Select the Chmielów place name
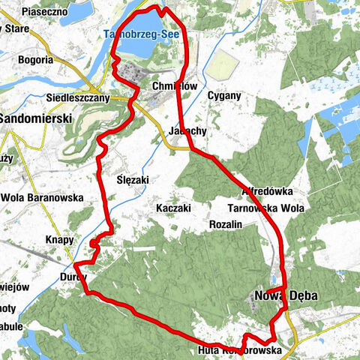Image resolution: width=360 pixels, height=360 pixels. pos(173,86)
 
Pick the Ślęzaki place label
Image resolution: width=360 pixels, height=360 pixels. pos(134,181)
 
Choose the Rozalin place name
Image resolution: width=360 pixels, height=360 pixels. pos(226,223)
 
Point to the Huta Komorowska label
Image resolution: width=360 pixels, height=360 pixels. pos(239,350)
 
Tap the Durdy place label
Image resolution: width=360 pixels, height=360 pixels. pos(72,276)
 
